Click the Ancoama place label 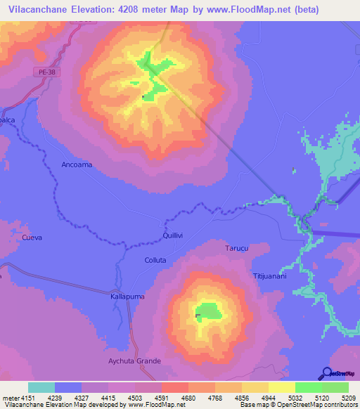point(77,164)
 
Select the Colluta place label point(155,260)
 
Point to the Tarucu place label point(236,249)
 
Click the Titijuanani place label point(269,276)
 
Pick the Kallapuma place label point(127,297)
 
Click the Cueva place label point(32,238)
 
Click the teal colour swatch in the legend point(41,387)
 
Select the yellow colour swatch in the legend point(281,387)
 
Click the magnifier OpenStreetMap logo point(326,373)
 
